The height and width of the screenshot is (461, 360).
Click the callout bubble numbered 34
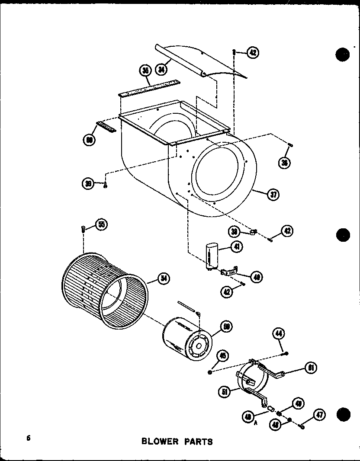(x=162, y=69)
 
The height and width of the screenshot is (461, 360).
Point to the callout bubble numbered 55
(x=101, y=224)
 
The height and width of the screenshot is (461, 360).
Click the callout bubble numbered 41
(x=237, y=247)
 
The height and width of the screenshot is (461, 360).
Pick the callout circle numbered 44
(x=279, y=333)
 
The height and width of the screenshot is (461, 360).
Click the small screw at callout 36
(x=291, y=144)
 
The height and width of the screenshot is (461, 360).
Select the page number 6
(x=28, y=437)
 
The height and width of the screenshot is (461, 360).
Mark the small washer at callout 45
(x=210, y=371)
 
